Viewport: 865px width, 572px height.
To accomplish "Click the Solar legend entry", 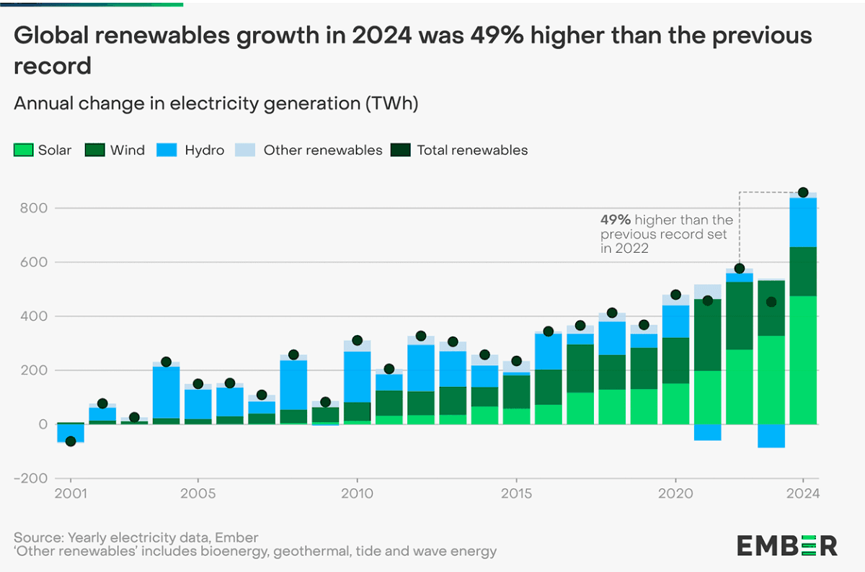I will (43, 151).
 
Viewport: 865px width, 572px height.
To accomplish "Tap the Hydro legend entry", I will (195, 151).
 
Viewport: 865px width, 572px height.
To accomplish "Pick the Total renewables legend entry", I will (462, 151).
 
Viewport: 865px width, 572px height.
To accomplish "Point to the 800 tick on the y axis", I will (36, 208).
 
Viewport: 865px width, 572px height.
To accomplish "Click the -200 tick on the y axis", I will (32, 478).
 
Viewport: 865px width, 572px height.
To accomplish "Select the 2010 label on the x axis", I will (357, 494).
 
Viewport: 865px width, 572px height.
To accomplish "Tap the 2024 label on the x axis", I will (803, 494).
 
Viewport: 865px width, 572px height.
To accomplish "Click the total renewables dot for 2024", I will (803, 192).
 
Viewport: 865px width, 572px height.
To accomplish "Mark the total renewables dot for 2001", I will (71, 441).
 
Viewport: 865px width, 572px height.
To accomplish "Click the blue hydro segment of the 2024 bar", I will (803, 223).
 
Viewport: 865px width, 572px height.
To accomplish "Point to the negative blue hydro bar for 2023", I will (771, 436).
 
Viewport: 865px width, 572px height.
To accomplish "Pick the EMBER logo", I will (786, 545).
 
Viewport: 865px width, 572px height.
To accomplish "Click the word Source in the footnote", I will (37, 537).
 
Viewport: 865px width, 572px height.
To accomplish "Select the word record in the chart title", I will (53, 66).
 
